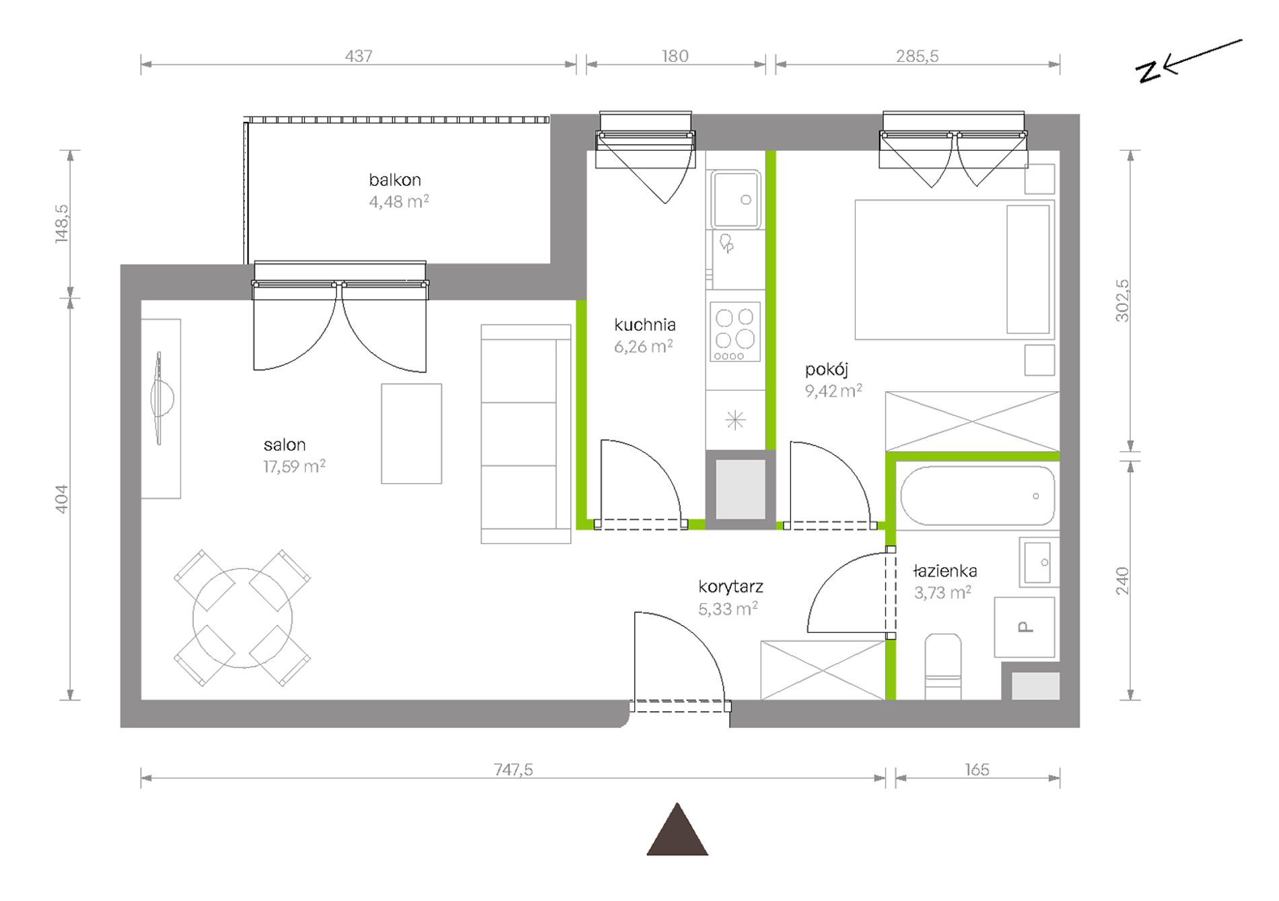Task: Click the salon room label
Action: pyautogui.click(x=285, y=444)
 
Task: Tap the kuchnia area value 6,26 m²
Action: pyautogui.click(x=644, y=346)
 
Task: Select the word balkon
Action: pyautogui.click(x=395, y=180)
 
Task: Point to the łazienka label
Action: pyautogui.click(x=945, y=571)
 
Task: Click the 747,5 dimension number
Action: pyautogui.click(x=513, y=769)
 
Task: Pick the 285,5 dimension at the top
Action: pyautogui.click(x=917, y=56)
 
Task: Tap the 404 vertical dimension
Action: pyautogui.click(x=61, y=499)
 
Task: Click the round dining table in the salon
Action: pyautogui.click(x=242, y=618)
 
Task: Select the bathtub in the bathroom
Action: pyautogui.click(x=977, y=496)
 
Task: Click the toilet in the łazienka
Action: pyautogui.click(x=942, y=666)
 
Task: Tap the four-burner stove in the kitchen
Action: pyautogui.click(x=735, y=332)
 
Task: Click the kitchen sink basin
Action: pyautogui.click(x=736, y=199)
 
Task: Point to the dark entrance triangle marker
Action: pyautogui.click(x=677, y=830)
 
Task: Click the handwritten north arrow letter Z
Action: pyautogui.click(x=1149, y=71)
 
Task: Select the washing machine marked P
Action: pyautogui.click(x=1025, y=627)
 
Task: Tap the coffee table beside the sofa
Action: pyautogui.click(x=411, y=434)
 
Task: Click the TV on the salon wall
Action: pyautogui.click(x=160, y=399)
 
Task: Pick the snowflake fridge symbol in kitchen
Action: pyautogui.click(x=736, y=420)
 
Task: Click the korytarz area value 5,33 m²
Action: pyautogui.click(x=728, y=609)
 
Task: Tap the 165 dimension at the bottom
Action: pyautogui.click(x=977, y=769)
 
